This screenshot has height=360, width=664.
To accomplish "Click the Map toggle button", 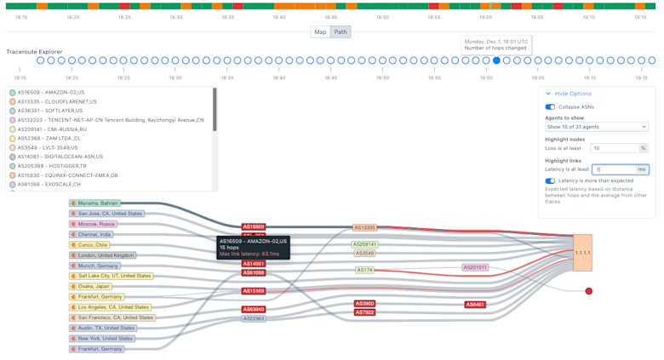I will click(x=320, y=32).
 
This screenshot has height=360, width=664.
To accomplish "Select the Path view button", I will click(x=341, y=32).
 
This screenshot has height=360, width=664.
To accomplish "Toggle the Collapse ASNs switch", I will click(x=550, y=107).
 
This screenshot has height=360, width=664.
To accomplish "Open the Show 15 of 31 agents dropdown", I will click(x=596, y=127).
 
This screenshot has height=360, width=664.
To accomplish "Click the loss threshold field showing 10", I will click(x=614, y=148).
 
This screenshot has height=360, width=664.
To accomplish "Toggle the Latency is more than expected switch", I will click(x=550, y=180).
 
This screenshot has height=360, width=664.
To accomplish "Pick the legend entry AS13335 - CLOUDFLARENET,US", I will click(x=57, y=102).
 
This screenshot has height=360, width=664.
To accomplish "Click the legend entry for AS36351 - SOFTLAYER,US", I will click(x=50, y=111).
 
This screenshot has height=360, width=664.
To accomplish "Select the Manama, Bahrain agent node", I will click(x=94, y=203).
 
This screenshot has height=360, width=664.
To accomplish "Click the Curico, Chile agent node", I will click(x=91, y=245).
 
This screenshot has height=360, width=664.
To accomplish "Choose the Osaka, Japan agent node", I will click(x=91, y=287).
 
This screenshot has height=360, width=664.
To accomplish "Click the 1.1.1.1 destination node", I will click(x=582, y=253).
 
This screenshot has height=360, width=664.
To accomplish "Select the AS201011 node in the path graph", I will click(x=475, y=267).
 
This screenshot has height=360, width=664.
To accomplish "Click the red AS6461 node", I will click(x=475, y=305).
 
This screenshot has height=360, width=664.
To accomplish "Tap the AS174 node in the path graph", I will click(x=364, y=271).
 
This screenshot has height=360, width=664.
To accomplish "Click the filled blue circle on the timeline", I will click(x=496, y=60).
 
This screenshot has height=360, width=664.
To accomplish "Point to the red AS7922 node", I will click(x=364, y=313).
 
